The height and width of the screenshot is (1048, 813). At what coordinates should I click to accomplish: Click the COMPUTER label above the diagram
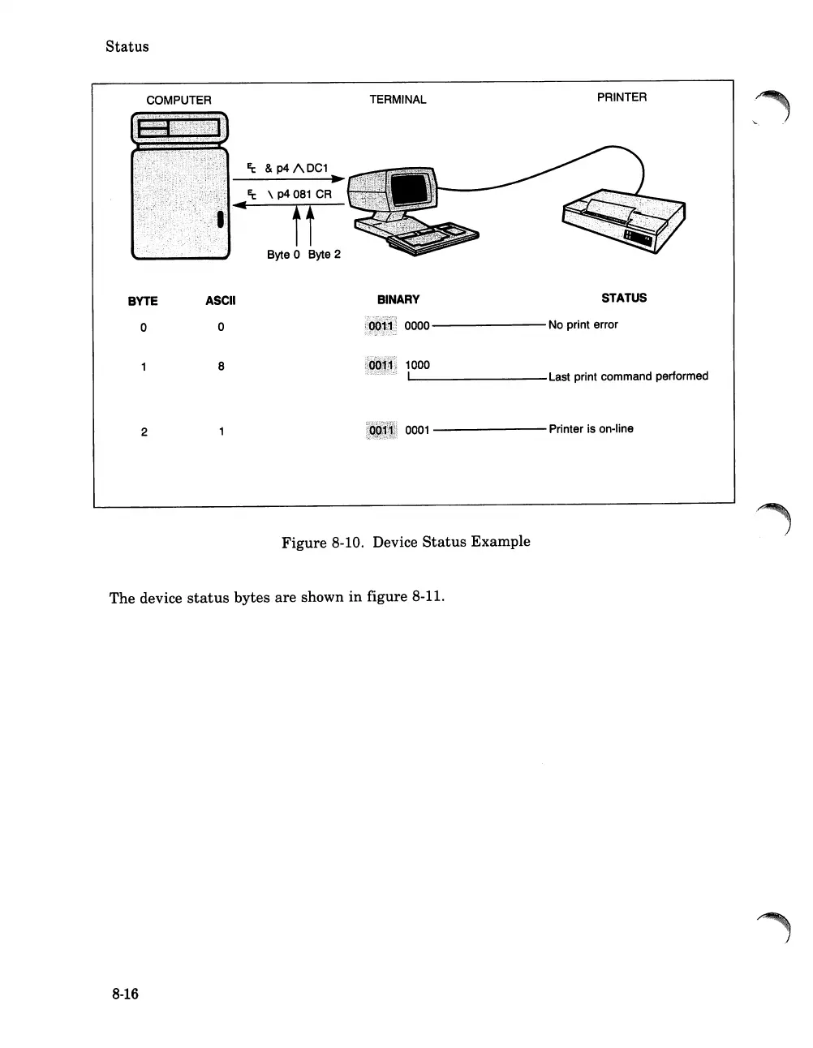[179, 101]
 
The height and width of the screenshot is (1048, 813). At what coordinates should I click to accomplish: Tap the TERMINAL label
[398, 100]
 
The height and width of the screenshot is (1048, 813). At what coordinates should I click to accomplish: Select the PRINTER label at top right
[622, 97]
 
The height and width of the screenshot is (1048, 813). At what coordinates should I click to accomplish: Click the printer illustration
[622, 222]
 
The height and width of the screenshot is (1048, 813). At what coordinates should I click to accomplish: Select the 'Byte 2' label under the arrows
[324, 255]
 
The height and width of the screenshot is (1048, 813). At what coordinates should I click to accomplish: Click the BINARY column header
[398, 299]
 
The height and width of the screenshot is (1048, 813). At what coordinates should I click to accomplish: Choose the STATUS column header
[624, 298]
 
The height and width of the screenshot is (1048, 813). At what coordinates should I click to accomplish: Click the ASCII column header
[220, 301]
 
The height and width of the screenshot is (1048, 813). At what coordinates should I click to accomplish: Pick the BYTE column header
[143, 301]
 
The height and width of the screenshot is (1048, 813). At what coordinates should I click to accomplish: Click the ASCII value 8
[221, 367]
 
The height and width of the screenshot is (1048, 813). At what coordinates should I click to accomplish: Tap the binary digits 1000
[417, 365]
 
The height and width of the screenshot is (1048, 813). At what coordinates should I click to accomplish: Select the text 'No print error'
[583, 324]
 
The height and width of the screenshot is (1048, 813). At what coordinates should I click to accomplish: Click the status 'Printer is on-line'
[591, 429]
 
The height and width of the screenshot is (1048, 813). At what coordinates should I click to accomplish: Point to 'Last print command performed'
[628, 376]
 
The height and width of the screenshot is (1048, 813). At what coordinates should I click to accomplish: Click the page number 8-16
[126, 994]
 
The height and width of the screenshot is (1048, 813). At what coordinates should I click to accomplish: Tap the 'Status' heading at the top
[127, 46]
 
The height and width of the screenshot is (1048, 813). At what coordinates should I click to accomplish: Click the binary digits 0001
[417, 430]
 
